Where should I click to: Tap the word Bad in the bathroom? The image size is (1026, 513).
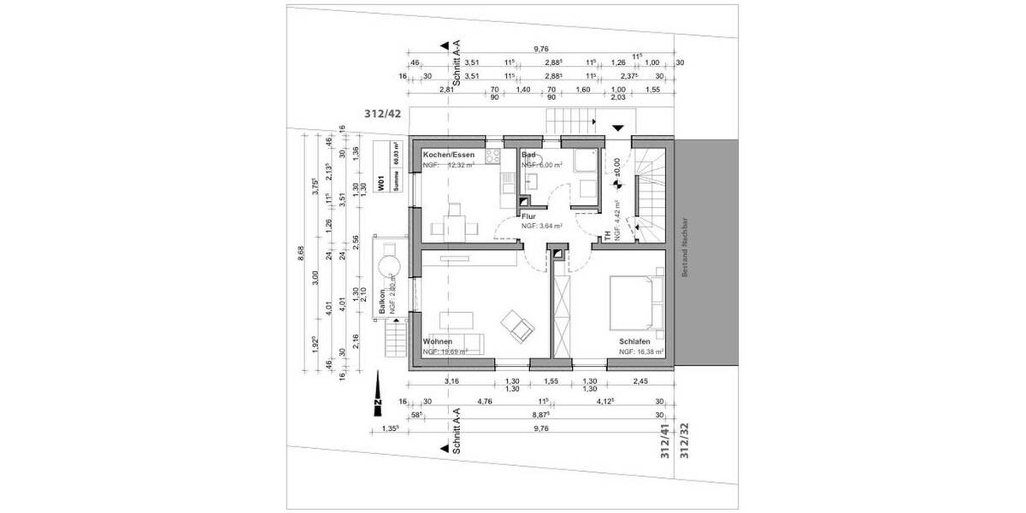[528, 155]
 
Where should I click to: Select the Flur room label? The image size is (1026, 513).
[528, 217]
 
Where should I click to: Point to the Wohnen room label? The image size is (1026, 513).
[438, 342]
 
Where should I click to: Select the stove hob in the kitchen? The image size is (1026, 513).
[492, 156]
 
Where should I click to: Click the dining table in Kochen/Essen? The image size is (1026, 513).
[455, 227]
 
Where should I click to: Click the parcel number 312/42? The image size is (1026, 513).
[381, 114]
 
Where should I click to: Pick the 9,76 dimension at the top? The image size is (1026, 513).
[540, 50]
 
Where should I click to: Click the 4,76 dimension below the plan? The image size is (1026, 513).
[485, 399]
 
